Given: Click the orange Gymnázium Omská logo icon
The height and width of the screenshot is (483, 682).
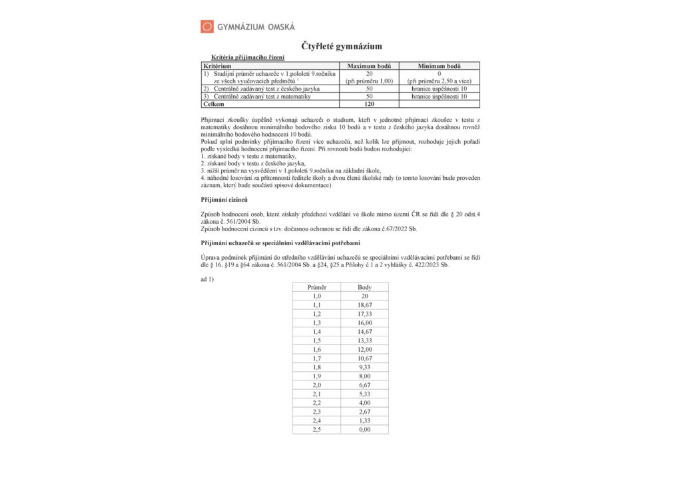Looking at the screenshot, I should point(207,27).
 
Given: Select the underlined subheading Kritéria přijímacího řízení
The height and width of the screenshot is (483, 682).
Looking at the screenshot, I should point(247,58).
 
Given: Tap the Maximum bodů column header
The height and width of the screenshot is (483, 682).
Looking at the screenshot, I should point(369,67).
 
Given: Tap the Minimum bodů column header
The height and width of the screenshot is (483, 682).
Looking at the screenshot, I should point(439,67).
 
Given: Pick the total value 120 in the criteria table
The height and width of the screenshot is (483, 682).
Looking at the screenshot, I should point(369,105).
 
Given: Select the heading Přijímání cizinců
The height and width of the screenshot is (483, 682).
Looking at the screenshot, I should point(224,200).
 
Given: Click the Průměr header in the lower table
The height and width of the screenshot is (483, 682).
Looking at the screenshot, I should point(316,287).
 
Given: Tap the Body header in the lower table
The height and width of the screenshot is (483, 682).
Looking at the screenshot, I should point(364,287).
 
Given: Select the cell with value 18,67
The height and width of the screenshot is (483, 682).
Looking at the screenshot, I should point(364,304).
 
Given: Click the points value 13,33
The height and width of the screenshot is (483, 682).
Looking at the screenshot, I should point(364,340).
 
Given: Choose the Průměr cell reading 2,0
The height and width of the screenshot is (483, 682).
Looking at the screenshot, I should point(316,385).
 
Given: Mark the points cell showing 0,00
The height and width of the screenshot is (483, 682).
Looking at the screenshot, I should point(364,430).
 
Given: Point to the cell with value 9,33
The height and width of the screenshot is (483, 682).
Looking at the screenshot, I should point(364,367).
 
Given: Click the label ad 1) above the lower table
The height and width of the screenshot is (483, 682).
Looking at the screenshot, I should point(207,278).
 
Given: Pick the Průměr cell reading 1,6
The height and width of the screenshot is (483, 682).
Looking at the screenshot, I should point(316,349).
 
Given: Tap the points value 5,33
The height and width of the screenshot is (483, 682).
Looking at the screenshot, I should point(364,394).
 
